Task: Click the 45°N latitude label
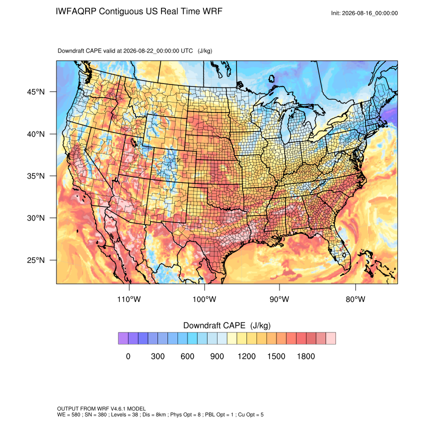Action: click(36, 92)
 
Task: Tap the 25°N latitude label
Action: click(36, 260)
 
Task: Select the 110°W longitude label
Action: click(129, 299)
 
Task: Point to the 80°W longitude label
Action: click(355, 299)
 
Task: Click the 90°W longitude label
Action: click(279, 299)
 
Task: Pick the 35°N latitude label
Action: click(36, 176)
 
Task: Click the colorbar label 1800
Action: click(305, 356)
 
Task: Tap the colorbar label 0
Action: click(128, 356)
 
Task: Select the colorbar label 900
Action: click(217, 356)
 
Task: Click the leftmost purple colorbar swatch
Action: click(123, 338)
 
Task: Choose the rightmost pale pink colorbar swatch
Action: click(330, 338)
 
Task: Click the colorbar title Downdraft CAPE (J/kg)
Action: click(227, 325)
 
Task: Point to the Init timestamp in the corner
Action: click(364, 13)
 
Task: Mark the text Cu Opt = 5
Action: click(250, 414)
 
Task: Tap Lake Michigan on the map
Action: click(286, 124)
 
